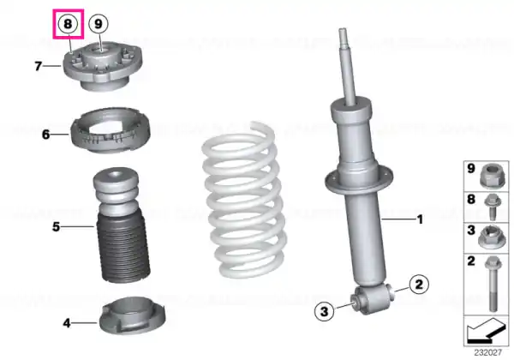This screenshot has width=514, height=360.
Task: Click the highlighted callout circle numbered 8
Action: pyautogui.click(x=68, y=24)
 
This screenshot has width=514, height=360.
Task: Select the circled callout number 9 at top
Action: pyautogui.click(x=99, y=24)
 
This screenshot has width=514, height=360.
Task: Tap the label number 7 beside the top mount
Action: pyautogui.click(x=39, y=66)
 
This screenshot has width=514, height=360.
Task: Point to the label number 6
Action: pyautogui.click(x=46, y=134)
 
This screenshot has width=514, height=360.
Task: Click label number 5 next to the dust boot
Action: pyautogui.click(x=56, y=226)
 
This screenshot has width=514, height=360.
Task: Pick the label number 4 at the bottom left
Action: pyautogui.click(x=67, y=323)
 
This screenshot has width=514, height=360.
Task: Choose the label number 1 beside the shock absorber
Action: pyautogui.click(x=420, y=219)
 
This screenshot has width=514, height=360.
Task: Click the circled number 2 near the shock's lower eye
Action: pyautogui.click(x=419, y=285)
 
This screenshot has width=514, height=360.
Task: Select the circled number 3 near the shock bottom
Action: pyautogui.click(x=324, y=311)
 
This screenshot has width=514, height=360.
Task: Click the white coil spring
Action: pyautogui.click(x=243, y=200)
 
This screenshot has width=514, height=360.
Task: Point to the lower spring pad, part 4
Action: pyautogui.click(x=133, y=315)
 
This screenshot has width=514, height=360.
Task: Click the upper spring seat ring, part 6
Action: pyautogui.click(x=111, y=129)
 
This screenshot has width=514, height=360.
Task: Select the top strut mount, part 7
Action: pyautogui.click(x=103, y=67)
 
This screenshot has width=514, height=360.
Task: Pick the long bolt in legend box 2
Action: pyautogui.click(x=493, y=284)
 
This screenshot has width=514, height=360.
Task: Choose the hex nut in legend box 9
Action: pyautogui.click(x=491, y=177)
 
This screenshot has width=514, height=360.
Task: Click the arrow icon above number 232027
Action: pyautogui.click(x=487, y=331)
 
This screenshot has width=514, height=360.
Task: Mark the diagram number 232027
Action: pyautogui.click(x=487, y=352)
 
